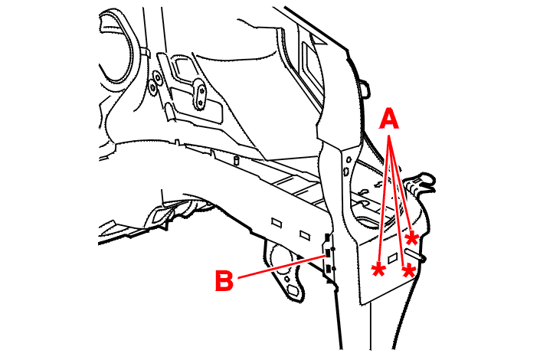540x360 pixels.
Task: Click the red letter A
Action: [x=389, y=119]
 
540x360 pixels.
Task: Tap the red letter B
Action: [x=224, y=281]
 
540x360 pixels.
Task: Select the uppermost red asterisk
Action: [x=412, y=238]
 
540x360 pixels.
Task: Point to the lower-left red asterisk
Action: [x=378, y=270]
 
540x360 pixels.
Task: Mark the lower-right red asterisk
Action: [x=408, y=271]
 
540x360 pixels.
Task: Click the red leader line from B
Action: [x=281, y=267]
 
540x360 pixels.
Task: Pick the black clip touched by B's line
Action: [x=328, y=254]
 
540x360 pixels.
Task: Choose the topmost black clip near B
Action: [x=328, y=237]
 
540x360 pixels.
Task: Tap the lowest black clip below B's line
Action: [x=329, y=268]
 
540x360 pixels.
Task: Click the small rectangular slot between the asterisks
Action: [x=392, y=258]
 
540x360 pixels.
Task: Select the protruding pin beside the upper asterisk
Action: [x=415, y=254]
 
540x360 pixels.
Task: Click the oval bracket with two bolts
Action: [x=199, y=93]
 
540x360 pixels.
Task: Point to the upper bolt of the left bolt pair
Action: [x=158, y=77]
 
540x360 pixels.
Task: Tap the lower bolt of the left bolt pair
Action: [x=152, y=89]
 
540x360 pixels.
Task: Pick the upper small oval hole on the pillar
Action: [x=349, y=160]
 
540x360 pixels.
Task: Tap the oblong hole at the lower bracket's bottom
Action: [x=293, y=290]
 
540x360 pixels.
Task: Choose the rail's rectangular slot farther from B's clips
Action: [x=277, y=223]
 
